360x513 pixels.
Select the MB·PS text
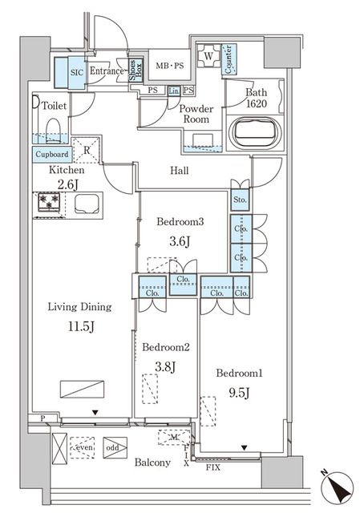point(170,65)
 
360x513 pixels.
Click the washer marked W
point(208,58)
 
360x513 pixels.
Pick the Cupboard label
point(51,155)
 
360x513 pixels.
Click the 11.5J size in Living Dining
point(79,327)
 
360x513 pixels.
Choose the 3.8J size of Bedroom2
point(164,368)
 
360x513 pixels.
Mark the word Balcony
point(152,463)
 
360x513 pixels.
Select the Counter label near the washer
point(229,59)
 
